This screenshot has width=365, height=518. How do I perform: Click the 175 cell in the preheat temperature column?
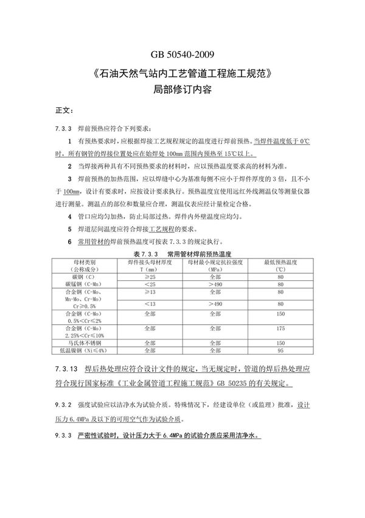coord(280,327)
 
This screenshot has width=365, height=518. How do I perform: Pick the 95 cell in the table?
coord(280,350)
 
